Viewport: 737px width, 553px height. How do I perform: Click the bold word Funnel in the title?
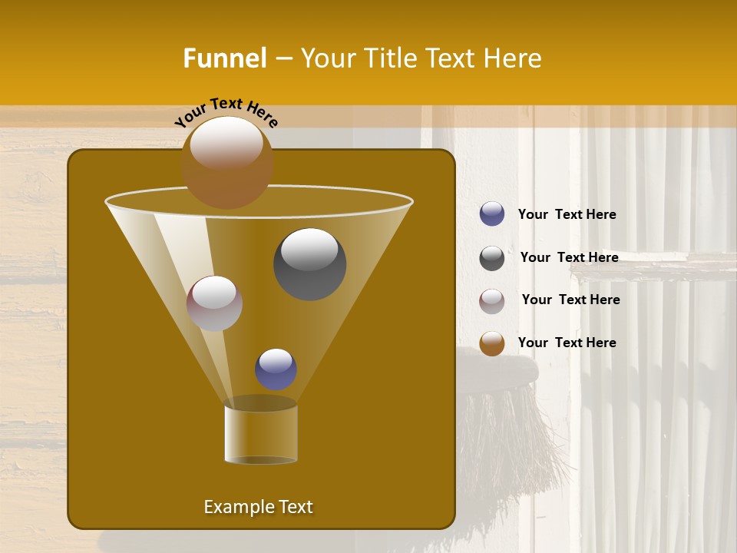tap(224, 58)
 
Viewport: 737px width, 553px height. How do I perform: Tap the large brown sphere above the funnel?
tap(226, 162)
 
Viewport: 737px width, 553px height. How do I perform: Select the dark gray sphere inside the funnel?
tap(309, 263)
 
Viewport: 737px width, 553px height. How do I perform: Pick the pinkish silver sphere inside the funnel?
tap(214, 303)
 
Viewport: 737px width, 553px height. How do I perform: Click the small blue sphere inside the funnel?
tap(276, 369)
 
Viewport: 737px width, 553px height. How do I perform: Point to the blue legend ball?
tap(492, 214)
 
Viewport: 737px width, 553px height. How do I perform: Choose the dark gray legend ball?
tap(492, 258)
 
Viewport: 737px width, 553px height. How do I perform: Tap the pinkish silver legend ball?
tap(492, 300)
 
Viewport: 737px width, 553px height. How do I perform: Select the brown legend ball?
tap(492, 343)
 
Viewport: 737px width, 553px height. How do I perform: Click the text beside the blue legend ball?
tap(567, 214)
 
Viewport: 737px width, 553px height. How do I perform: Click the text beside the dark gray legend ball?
tap(569, 257)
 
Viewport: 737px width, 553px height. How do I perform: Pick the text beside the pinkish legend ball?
tap(570, 300)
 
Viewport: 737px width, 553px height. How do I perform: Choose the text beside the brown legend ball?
tap(567, 343)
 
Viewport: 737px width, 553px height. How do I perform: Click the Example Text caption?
tap(258, 507)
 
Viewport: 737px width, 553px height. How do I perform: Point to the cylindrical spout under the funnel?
tap(261, 434)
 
